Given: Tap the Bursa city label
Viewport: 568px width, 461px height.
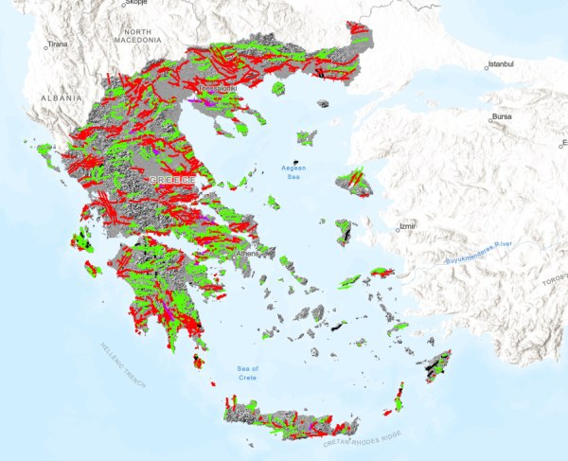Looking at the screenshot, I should click(x=500, y=117).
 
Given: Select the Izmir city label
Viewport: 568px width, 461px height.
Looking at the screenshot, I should click(x=408, y=227).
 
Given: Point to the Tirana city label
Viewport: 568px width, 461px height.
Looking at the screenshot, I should click(x=58, y=44).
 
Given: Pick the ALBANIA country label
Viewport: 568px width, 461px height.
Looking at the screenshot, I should click(x=60, y=98).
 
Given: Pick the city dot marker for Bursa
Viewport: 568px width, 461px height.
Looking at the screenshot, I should click(x=487, y=120).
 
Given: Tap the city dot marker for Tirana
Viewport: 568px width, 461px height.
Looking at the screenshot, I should click(x=43, y=44).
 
